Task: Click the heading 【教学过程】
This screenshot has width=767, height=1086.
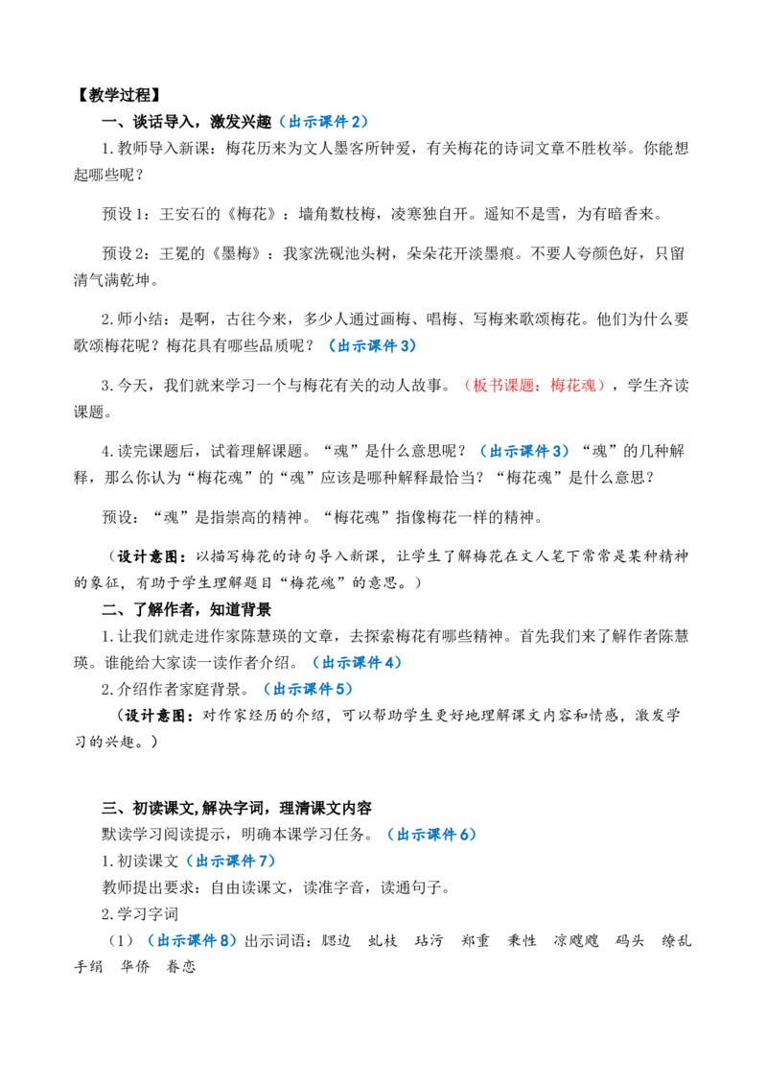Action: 118,95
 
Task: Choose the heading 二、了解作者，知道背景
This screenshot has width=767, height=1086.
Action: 186,609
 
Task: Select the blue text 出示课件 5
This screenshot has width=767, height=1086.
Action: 308,689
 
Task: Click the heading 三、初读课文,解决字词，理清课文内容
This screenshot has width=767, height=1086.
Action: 237,809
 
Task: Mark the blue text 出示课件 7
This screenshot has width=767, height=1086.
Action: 230,861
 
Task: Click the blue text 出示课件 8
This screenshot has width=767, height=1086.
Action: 192,940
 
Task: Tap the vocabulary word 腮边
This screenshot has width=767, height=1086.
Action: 337,940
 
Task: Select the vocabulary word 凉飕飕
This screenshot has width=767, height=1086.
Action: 575,940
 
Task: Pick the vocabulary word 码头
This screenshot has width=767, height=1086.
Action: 629,940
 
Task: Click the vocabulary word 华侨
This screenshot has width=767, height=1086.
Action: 135,967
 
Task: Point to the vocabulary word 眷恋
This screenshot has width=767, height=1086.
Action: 181,967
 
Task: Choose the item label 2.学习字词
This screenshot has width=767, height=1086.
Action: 140,914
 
